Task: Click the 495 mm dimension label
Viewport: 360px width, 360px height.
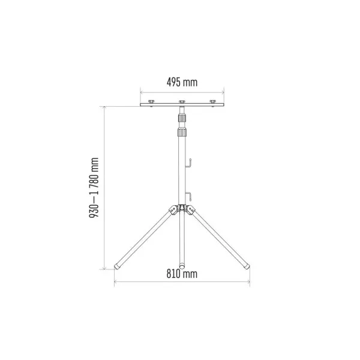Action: (x=182, y=82)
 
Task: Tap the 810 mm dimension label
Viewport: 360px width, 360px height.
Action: (x=182, y=274)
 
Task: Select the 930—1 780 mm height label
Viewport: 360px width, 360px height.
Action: (x=94, y=188)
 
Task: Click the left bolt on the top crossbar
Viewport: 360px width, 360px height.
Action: (x=151, y=101)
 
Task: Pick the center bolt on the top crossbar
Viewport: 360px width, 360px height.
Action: (x=182, y=101)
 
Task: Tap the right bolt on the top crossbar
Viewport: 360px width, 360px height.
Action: (x=213, y=101)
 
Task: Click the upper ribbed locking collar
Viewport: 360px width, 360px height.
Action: (x=182, y=118)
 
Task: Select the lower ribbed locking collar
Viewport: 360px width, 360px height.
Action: (x=182, y=132)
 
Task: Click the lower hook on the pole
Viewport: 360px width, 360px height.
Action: (x=188, y=196)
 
